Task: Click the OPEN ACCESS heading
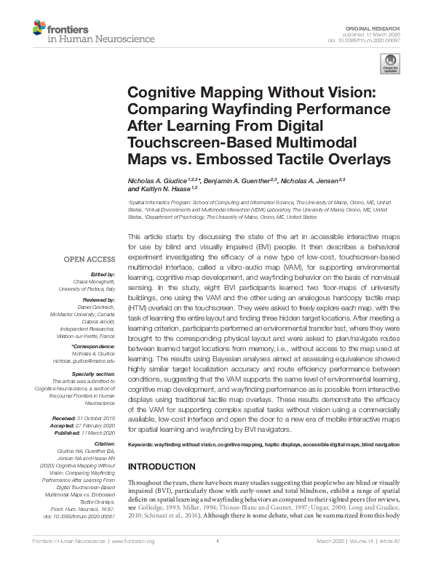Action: (90, 259)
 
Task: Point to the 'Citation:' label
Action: (104, 443)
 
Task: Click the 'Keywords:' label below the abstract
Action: (143, 444)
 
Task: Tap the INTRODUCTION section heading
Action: (161, 467)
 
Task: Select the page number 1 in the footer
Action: (217, 560)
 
